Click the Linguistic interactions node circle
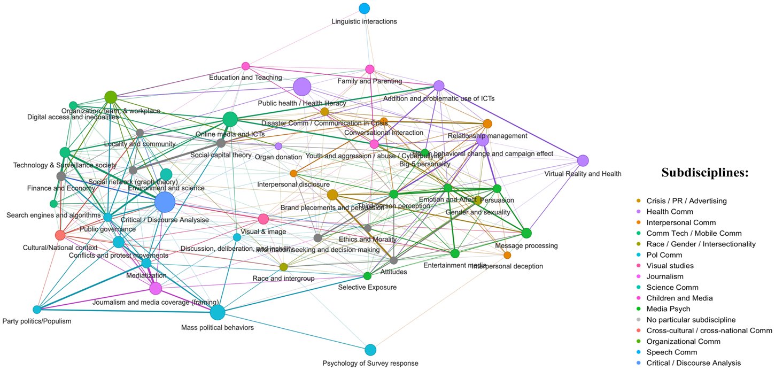tap(365, 8)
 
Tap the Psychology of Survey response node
tap(370, 350)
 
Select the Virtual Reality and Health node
tap(583, 160)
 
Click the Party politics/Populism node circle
tap(37, 310)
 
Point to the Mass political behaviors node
tap(217, 312)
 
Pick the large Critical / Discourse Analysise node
tap(165, 203)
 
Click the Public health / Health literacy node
tap(302, 86)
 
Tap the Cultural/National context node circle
tap(60, 235)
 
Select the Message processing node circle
tap(526, 233)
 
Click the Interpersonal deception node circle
tap(507, 255)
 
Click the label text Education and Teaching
tap(245, 78)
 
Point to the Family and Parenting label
tap(369, 81)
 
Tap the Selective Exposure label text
tap(367, 288)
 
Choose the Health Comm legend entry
tap(669, 212)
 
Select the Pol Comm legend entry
tap(664, 255)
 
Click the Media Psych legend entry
tap(668, 309)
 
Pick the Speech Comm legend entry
tap(671, 352)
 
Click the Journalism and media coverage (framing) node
tap(156, 289)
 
